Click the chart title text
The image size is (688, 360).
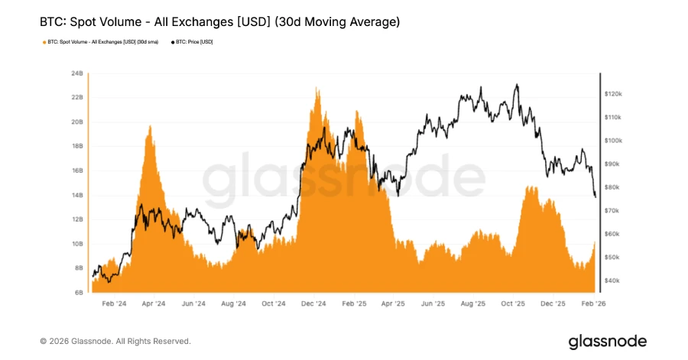219,22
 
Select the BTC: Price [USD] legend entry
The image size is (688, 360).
193,42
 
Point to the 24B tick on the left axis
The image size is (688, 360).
76,74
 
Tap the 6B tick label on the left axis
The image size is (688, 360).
78,293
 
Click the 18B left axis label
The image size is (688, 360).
76,147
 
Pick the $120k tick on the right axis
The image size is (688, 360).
615,93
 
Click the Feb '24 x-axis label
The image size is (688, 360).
113,303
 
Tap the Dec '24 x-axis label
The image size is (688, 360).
313,303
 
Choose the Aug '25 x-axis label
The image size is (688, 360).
473,303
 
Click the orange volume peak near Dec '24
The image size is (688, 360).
316,89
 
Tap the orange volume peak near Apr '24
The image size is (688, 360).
150,127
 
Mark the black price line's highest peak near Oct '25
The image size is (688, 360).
518,85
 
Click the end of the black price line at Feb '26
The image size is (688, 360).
596,196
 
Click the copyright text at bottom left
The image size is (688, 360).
115,341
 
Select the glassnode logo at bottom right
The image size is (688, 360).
607,341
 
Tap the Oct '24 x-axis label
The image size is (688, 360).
274,303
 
